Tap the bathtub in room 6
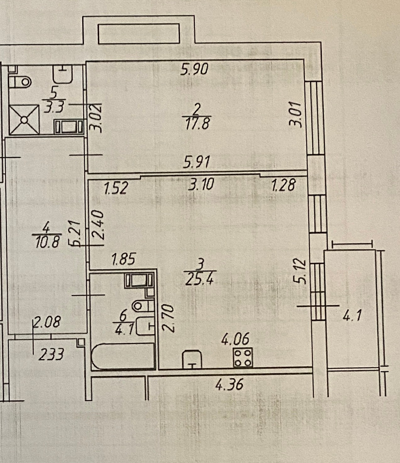point(123,357)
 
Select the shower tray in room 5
point(24,119)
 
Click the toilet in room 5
point(21,82)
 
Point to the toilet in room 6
point(141,306)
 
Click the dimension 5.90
point(195,69)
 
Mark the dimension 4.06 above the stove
point(235,340)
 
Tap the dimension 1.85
point(123,260)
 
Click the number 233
point(52,355)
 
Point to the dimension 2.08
point(47,323)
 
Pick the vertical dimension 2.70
point(168,318)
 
